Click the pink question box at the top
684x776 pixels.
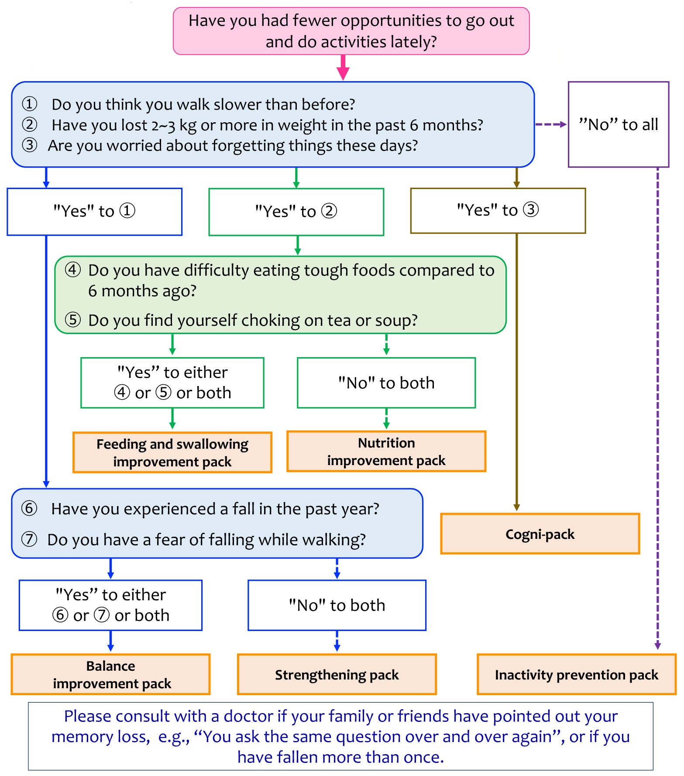click(351, 31)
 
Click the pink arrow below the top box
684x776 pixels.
click(343, 68)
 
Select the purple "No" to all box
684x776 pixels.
click(618, 124)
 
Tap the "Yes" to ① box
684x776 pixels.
click(94, 212)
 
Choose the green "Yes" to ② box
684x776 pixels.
click(296, 212)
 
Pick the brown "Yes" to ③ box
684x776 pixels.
click(498, 210)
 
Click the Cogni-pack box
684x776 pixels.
click(540, 534)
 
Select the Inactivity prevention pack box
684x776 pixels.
click(576, 675)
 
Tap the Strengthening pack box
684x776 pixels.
click(337, 675)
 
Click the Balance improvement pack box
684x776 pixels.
click(111, 674)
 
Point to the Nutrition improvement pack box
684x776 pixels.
click(386, 452)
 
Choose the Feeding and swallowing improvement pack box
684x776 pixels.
click(172, 452)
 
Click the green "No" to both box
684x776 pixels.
click(386, 383)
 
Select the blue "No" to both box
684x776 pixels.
click(337, 605)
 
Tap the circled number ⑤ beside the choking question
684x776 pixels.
click(73, 320)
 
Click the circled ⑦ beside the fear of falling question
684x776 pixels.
click(29, 539)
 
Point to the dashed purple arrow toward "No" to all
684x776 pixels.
click(551, 124)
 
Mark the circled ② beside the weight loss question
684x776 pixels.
click(30, 124)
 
